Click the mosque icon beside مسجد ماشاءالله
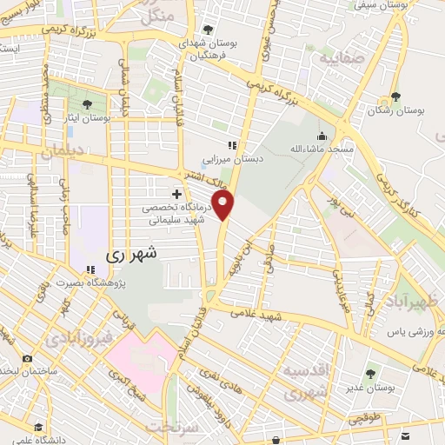pos(322,136)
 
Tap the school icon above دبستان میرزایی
pos(232,146)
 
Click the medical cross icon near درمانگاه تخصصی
pos(176,193)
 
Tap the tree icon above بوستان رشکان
pos(396,96)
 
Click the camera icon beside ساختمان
pos(28,359)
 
